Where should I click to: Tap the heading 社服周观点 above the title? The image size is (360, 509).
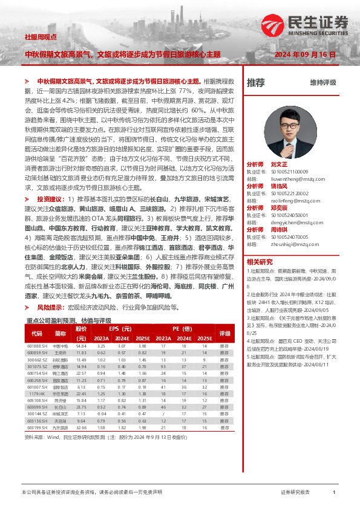(41, 37)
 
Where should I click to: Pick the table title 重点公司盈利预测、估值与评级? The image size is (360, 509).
(69, 320)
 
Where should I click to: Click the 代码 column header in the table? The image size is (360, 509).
(36, 333)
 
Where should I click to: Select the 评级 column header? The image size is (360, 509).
(224, 333)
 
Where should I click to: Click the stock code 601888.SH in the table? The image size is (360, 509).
(37, 345)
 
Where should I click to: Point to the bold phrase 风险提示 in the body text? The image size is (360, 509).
(49, 307)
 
